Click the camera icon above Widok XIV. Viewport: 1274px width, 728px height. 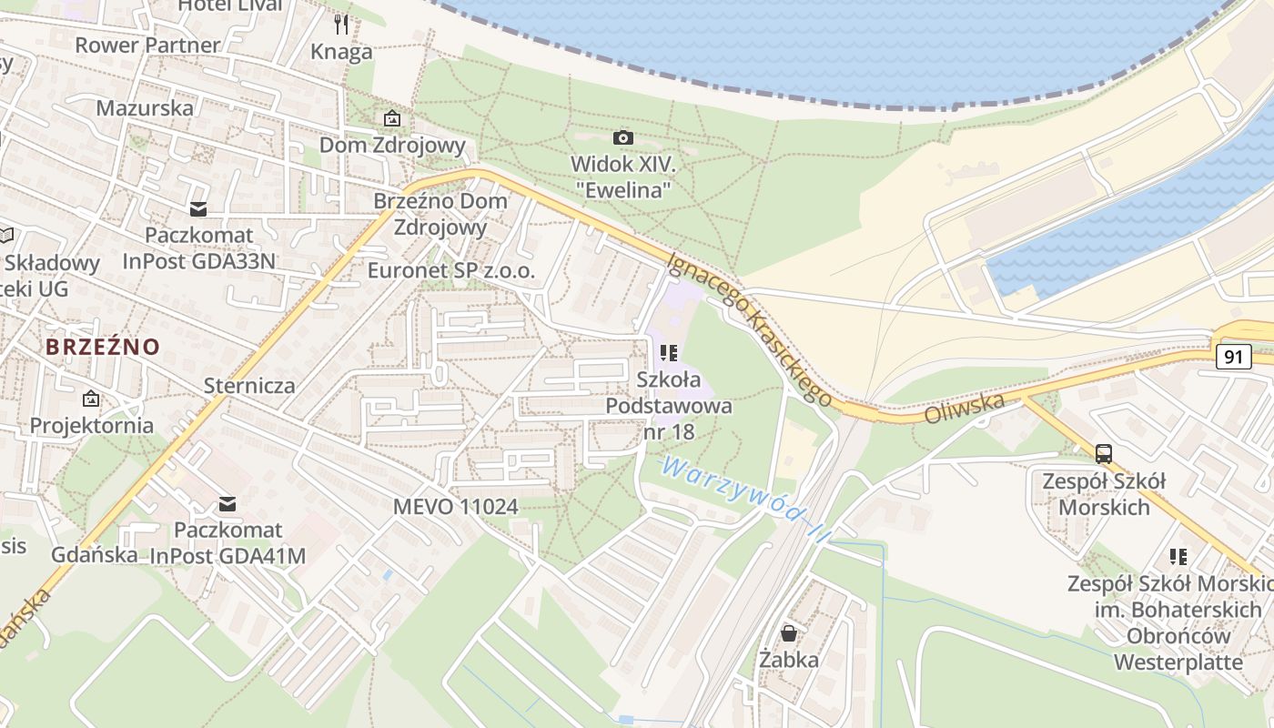pos(622,137)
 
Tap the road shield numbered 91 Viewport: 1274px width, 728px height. pos(1233,357)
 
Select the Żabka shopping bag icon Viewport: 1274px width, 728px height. pos(789,632)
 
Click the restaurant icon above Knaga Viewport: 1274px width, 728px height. pos(341,24)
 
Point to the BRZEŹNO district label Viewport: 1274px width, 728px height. pos(103,347)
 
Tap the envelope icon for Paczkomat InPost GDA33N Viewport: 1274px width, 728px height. pos(198,209)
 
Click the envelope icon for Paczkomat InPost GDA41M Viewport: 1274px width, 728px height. pos(227,503)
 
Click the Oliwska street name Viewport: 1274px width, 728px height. pos(965,408)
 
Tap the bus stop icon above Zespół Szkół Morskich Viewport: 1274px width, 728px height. pos(1104,453)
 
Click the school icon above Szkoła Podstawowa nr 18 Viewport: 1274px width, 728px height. pos(669,352)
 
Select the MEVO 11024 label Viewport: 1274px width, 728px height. pos(455,506)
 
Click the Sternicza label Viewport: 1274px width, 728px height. pos(249,385)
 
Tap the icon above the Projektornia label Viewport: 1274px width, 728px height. pos(91,399)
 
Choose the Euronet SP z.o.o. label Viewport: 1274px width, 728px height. pos(450,270)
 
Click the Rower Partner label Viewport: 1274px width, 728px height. pos(147,45)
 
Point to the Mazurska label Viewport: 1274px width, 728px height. pos(145,107)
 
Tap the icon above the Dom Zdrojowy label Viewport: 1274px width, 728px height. pos(391,118)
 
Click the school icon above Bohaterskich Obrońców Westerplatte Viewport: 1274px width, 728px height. pos(1178,556)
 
